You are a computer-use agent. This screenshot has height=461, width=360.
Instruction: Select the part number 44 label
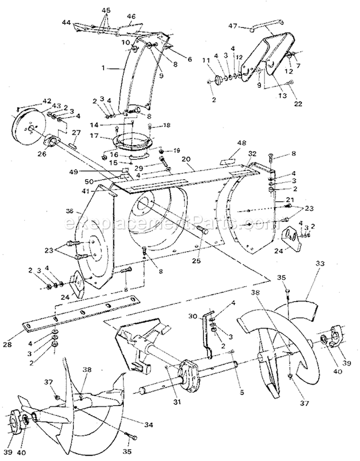pos(66,23)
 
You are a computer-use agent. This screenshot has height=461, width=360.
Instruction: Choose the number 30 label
pos(193,317)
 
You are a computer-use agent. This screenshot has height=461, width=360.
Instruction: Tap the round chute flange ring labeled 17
pos(131,143)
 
